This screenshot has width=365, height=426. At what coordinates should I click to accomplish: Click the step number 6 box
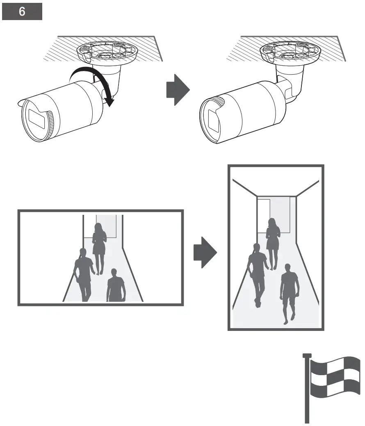[22, 11]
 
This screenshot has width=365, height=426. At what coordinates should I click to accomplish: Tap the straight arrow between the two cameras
[178, 90]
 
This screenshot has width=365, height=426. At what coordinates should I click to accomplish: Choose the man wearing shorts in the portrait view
[289, 291]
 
